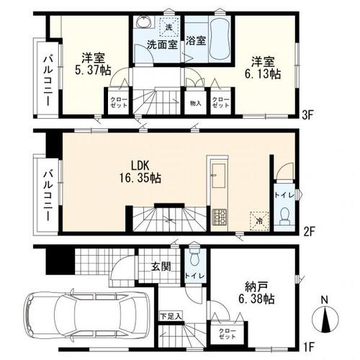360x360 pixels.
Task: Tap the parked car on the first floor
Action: click(87, 315)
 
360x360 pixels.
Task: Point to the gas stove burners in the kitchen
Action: click(220, 217)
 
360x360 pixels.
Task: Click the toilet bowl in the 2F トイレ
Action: click(284, 216)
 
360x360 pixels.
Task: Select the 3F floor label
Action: click(308, 116)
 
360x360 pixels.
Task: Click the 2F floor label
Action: click(308, 232)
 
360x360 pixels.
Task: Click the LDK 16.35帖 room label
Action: click(140, 171)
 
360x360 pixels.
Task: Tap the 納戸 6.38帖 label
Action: click(256, 292)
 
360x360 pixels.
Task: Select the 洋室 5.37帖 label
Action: click(93, 64)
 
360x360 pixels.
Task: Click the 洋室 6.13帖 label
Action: click(263, 68)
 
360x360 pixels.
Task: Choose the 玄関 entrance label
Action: click(161, 266)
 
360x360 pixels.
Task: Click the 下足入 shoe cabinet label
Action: click(171, 316)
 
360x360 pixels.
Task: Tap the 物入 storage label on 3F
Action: click(195, 104)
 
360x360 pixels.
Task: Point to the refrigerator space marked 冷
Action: click(259, 220)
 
